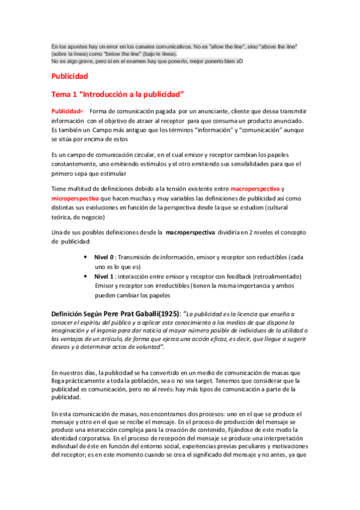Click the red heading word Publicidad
point(70,76)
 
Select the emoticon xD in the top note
point(239,61)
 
